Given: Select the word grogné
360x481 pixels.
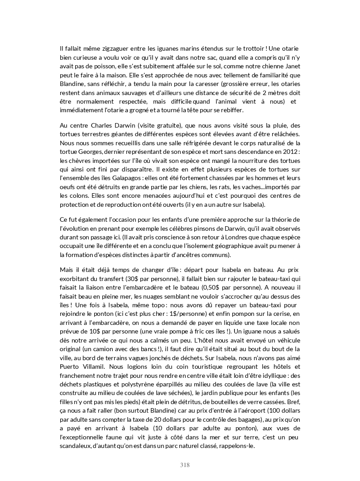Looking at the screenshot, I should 182,110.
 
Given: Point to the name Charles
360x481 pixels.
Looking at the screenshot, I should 97,125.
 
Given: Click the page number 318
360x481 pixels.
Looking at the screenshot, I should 185,465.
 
